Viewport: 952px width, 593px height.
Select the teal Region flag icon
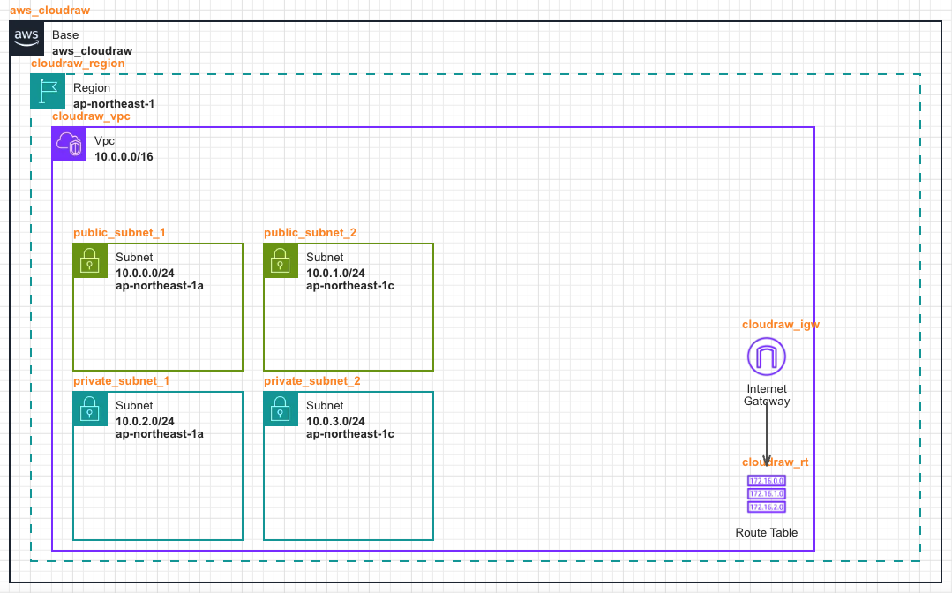(x=48, y=92)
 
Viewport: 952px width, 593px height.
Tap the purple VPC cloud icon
(x=69, y=144)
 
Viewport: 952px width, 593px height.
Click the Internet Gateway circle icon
(x=766, y=357)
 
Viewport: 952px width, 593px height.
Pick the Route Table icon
(x=766, y=494)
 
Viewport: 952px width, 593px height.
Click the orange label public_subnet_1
(x=119, y=233)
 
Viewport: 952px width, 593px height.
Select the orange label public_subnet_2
(x=310, y=233)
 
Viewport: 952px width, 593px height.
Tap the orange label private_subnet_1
(x=121, y=381)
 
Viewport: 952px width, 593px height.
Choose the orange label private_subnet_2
(x=311, y=381)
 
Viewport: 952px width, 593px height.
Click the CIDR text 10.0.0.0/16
(x=124, y=156)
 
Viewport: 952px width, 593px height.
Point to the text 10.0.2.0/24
(x=145, y=422)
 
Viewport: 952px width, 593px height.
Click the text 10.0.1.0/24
(x=335, y=274)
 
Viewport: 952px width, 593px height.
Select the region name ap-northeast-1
(x=114, y=103)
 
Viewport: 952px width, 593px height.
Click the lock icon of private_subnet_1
(x=90, y=409)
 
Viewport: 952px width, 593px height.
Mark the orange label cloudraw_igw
(x=781, y=325)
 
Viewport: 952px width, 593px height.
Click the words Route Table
(x=766, y=533)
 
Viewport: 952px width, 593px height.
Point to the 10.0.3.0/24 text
(x=335, y=422)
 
